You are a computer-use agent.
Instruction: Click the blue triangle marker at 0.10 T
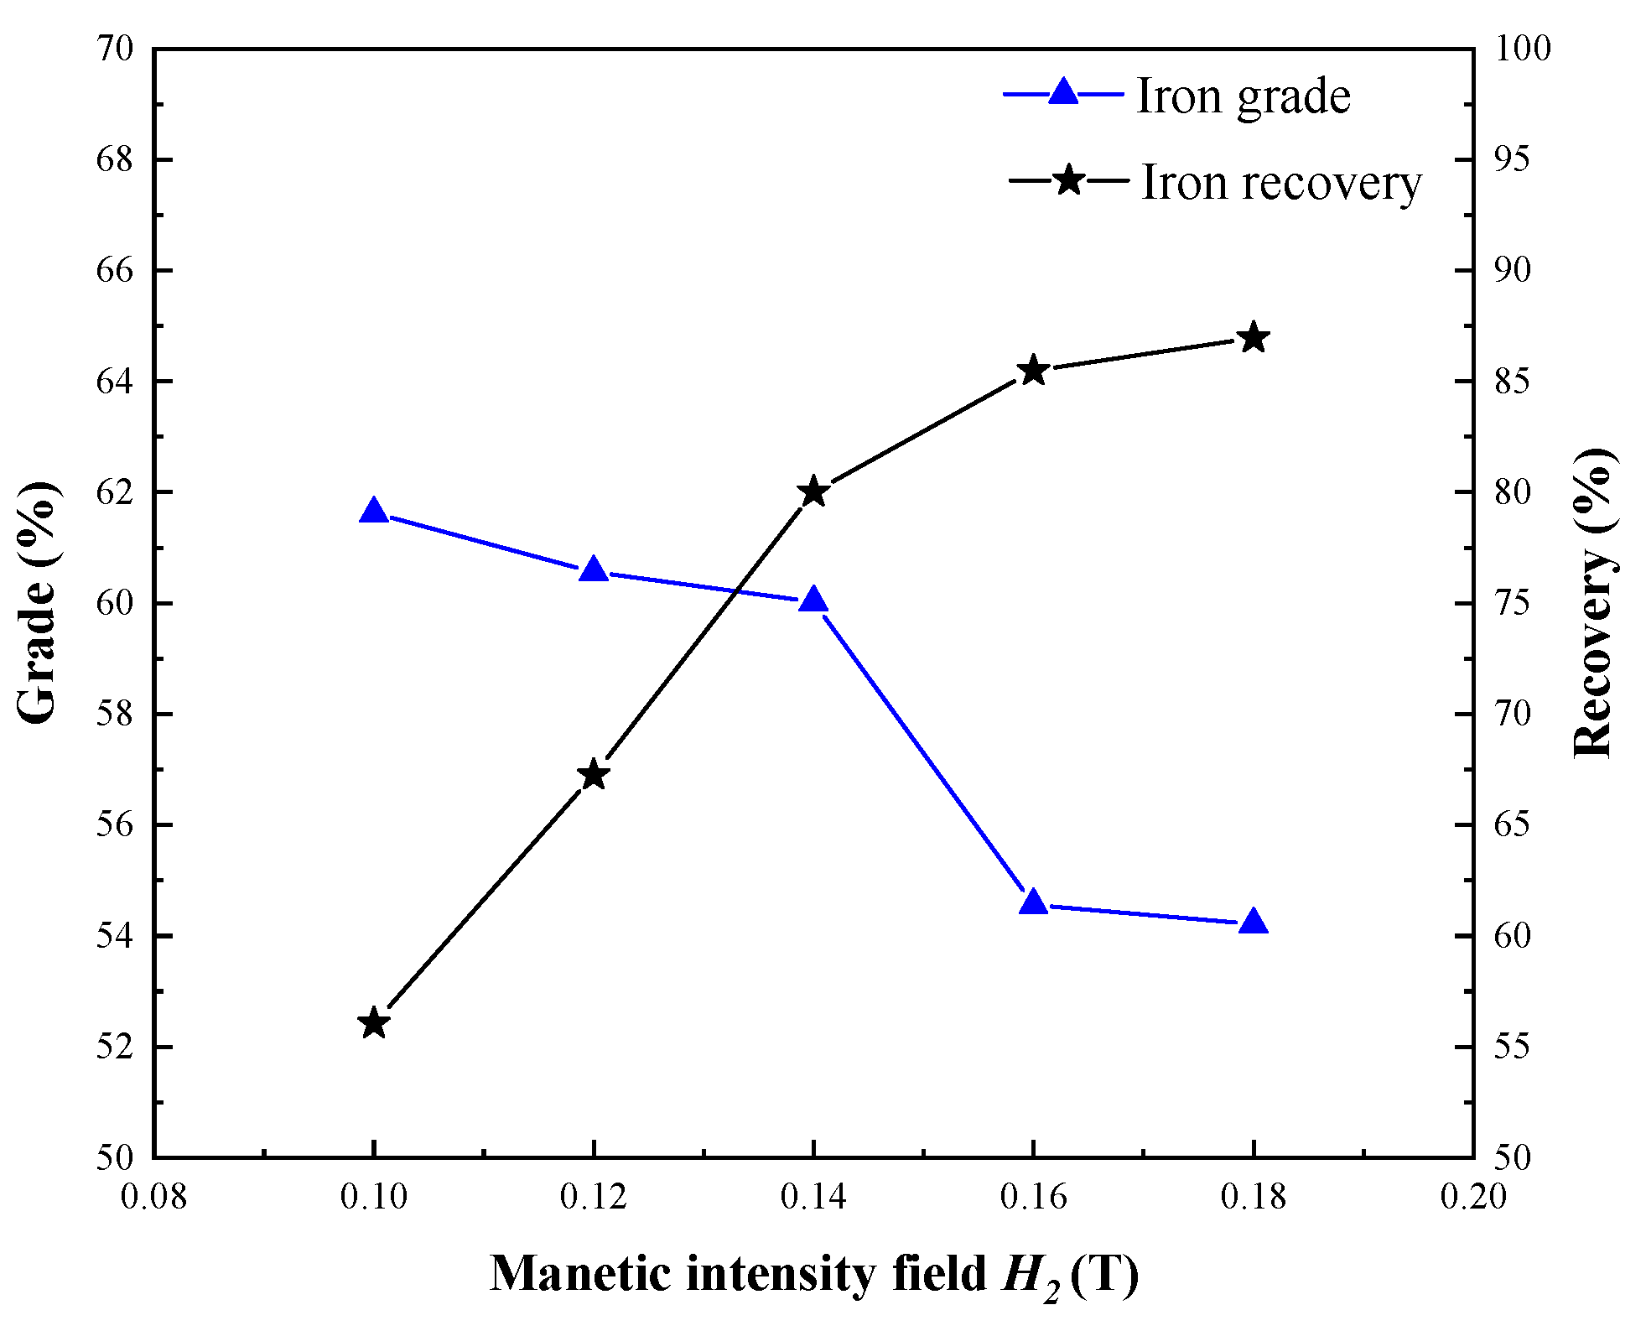tap(374, 512)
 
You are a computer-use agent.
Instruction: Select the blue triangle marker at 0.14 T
tap(813, 601)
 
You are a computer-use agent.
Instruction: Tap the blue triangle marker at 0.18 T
tap(1254, 922)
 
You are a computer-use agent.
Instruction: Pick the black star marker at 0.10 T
tap(374, 1023)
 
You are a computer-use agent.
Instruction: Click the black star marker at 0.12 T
tap(594, 774)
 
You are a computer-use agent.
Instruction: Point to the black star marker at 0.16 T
tap(1033, 371)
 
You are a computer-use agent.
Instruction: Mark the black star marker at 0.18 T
tap(1254, 338)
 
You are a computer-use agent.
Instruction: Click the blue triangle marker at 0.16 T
tap(1033, 902)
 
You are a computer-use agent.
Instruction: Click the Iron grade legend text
tap(1243, 96)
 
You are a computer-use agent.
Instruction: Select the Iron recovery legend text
tap(1281, 182)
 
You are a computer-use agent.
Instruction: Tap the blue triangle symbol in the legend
tap(1063, 91)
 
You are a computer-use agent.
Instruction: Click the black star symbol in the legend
tap(1068, 179)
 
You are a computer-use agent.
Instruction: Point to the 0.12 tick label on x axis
tap(594, 1197)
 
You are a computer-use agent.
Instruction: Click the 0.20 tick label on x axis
tap(1473, 1197)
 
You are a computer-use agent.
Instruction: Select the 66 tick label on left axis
tap(115, 270)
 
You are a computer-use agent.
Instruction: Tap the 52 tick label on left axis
tap(115, 1048)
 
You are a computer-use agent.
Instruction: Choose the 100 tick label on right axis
tap(1523, 49)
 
